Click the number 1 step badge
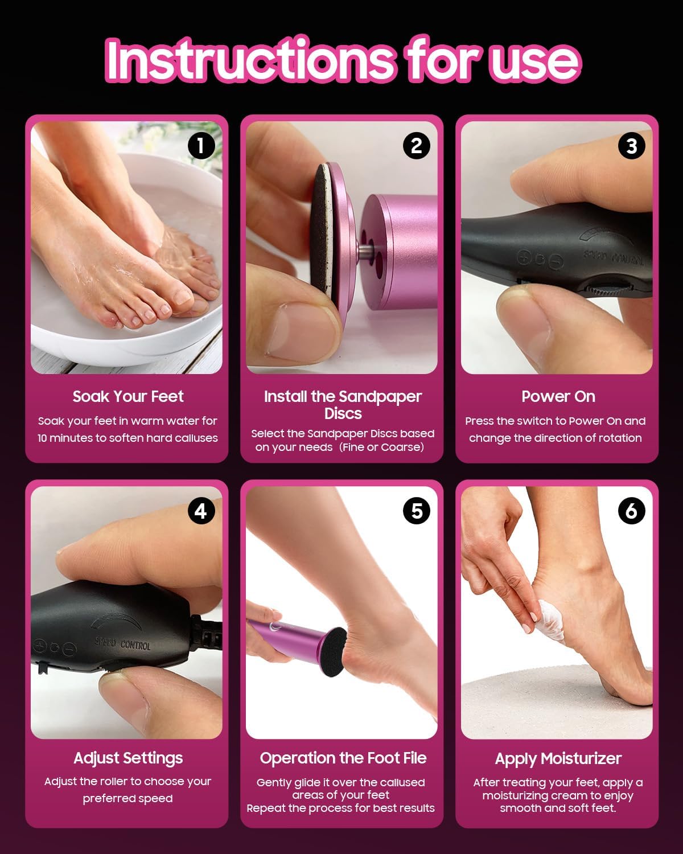(200, 146)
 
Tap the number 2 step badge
(416, 146)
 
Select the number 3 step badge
(631, 146)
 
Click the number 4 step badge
(200, 511)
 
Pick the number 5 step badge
(416, 511)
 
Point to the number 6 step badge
(631, 511)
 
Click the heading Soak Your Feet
(128, 396)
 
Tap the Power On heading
(558, 396)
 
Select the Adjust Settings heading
(128, 758)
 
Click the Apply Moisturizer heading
(558, 758)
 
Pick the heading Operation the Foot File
(343, 758)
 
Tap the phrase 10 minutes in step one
(64, 438)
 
